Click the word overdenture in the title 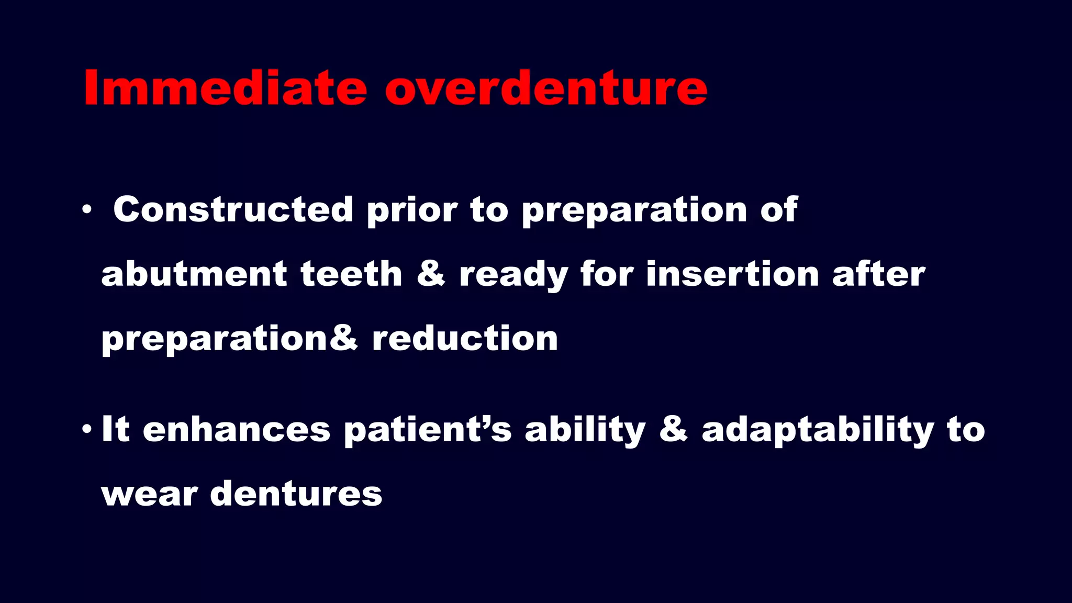546,88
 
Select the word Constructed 233,209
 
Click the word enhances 237,429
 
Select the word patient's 428,429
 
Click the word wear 149,494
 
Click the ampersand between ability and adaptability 673,429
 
